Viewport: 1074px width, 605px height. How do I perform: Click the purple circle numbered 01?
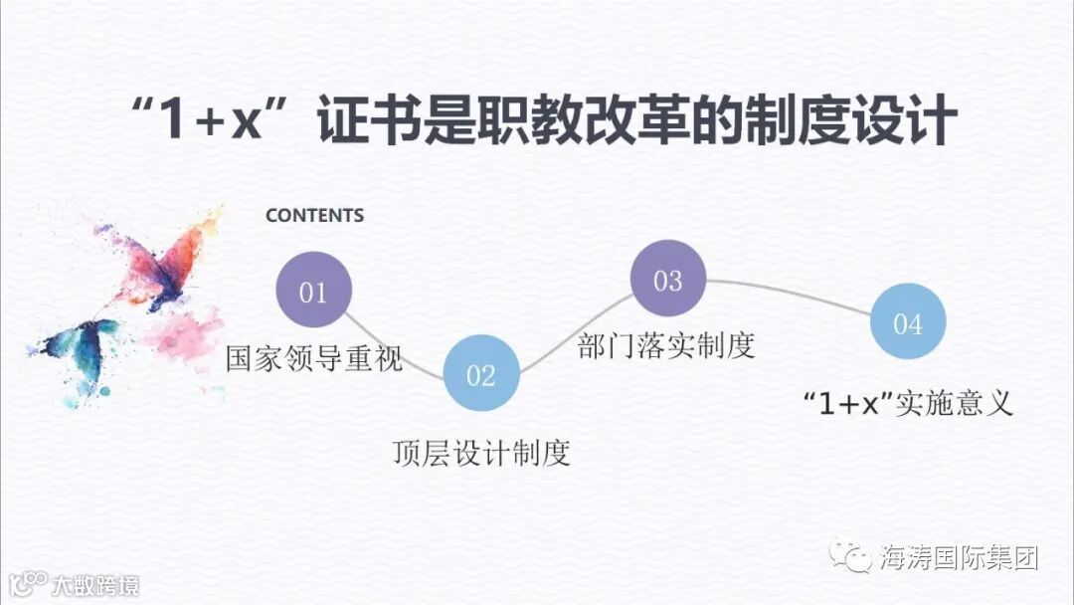coord(313,291)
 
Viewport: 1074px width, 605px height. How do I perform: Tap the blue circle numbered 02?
coord(480,373)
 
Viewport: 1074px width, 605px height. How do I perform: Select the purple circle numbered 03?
coord(667,279)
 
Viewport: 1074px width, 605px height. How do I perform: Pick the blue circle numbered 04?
coord(907,322)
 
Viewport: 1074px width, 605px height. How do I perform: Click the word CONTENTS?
coord(314,215)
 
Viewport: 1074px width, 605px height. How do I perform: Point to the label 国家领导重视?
coord(314,357)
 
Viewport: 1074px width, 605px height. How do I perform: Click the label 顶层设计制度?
coord(480,454)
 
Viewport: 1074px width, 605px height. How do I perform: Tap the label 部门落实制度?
coord(666,344)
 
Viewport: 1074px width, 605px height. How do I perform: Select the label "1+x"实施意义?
coord(907,403)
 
